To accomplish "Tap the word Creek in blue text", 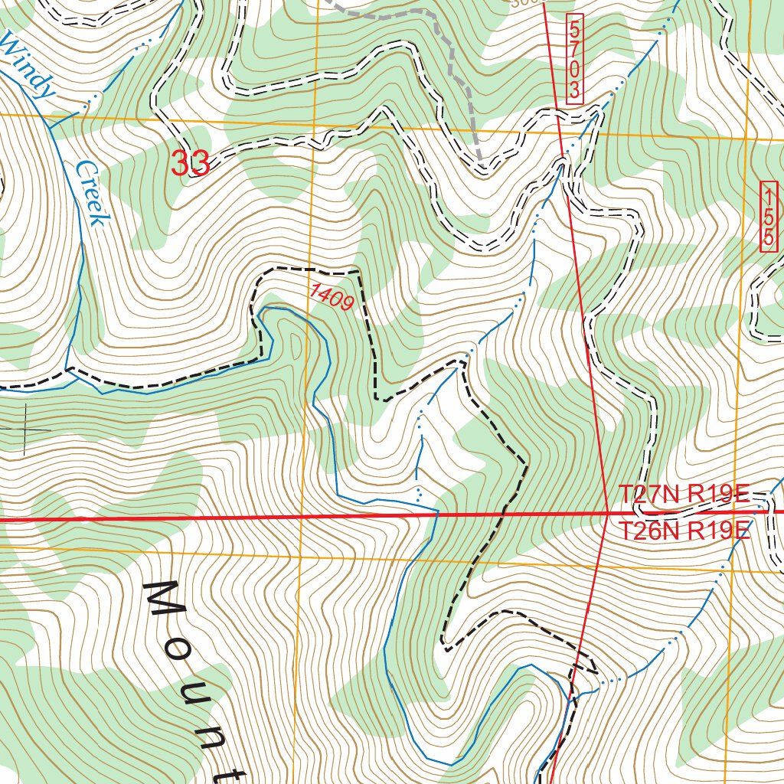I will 90,194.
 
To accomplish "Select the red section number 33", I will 190,163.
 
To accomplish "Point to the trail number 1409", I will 332,297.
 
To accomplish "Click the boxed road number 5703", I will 575,59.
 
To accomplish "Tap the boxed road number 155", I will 769,217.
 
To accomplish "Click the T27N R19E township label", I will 683,495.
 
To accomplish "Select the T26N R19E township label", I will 683,530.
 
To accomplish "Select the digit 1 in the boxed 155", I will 769,196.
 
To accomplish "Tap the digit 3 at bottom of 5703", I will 575,92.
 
